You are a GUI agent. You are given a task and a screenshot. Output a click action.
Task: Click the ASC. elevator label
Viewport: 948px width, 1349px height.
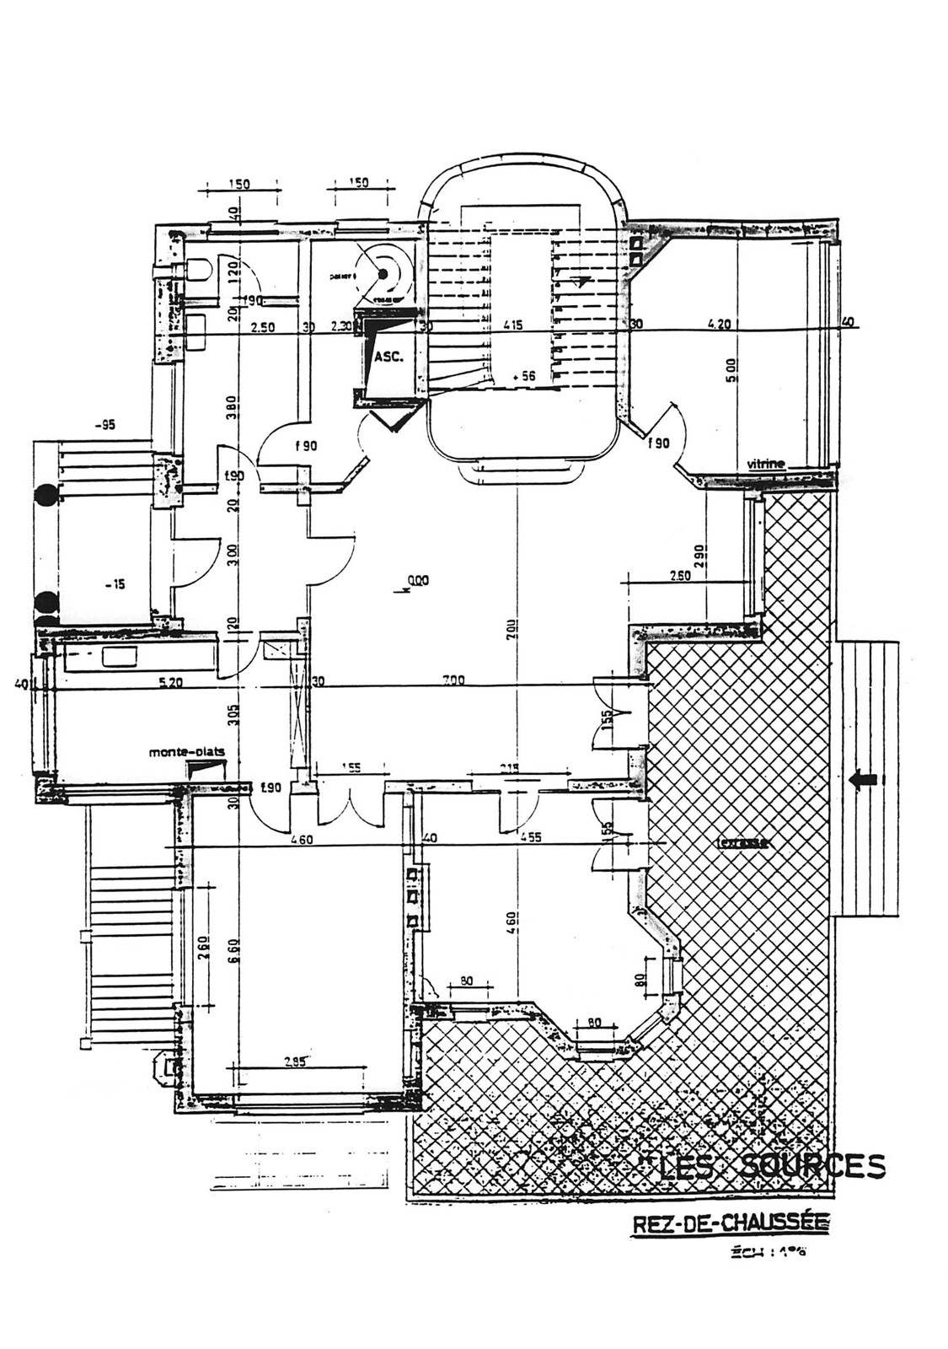388,357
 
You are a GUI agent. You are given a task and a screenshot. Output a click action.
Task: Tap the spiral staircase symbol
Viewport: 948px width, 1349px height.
384,274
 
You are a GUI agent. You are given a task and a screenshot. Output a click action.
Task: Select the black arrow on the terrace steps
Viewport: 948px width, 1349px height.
864,781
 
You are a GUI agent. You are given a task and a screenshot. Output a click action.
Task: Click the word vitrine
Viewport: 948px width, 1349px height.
766,464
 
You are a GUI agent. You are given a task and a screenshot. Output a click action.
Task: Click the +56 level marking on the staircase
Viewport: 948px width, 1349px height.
527,377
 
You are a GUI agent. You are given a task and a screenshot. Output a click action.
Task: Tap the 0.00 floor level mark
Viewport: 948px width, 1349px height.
417,580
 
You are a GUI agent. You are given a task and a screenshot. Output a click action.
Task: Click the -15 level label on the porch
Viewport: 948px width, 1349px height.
116,583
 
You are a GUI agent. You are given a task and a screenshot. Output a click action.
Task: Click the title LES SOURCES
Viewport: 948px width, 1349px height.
771,1166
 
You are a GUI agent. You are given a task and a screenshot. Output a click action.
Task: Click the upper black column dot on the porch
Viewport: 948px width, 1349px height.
46,494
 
